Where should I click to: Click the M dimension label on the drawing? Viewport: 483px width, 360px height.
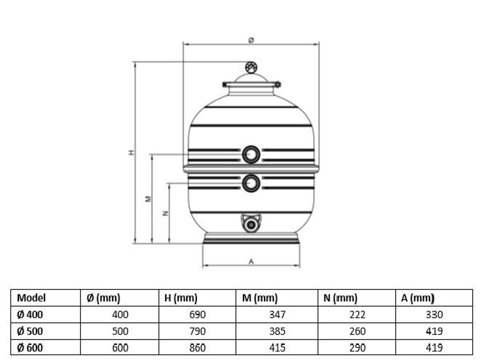point(148,199)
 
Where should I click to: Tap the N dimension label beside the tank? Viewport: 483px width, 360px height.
point(165,214)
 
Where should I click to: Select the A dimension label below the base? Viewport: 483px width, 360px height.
point(251,261)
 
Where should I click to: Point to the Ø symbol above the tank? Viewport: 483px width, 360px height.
point(251,40)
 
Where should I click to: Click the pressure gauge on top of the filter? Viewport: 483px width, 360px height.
point(251,67)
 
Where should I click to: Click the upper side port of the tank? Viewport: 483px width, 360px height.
point(251,154)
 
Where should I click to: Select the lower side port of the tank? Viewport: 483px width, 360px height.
point(251,183)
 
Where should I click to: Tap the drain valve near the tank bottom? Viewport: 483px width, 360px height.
point(251,224)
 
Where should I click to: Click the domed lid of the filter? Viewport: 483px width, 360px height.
point(251,78)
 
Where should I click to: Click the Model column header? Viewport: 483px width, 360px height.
point(31,298)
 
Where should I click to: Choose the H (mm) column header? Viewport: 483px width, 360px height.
point(181,298)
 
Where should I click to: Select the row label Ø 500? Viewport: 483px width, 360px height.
point(30,331)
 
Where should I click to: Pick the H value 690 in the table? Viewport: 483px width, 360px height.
point(197,315)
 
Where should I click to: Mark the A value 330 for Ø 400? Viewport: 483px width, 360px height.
point(434,315)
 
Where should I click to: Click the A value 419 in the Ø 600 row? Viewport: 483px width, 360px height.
point(434,348)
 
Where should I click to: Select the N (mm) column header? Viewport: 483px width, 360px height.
point(340,298)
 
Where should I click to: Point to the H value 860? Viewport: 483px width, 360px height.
point(197,348)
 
